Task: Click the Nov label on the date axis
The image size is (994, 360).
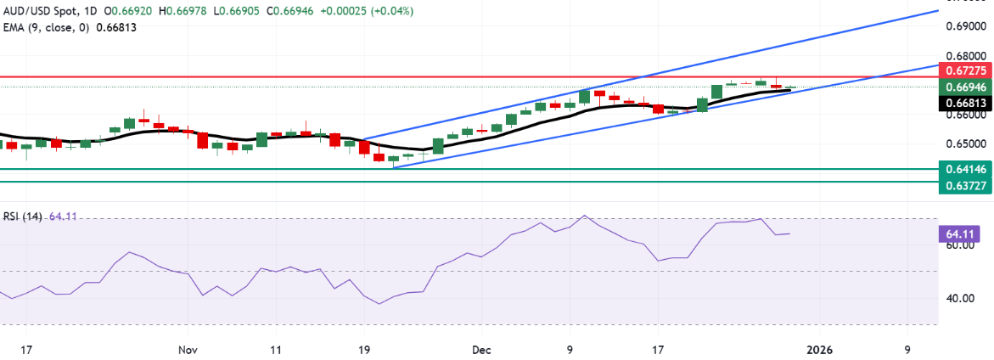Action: (x=188, y=349)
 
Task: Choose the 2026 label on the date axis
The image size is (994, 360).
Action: (x=820, y=349)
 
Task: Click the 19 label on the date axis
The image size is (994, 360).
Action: (x=364, y=349)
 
